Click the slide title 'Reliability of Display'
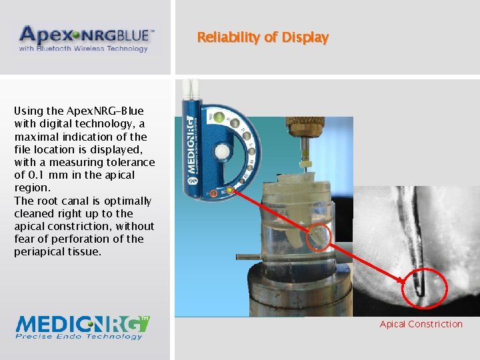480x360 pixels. click(263, 37)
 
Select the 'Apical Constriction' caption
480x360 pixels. click(421, 325)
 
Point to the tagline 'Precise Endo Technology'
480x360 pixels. click(79, 336)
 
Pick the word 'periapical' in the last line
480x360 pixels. click(39, 252)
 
